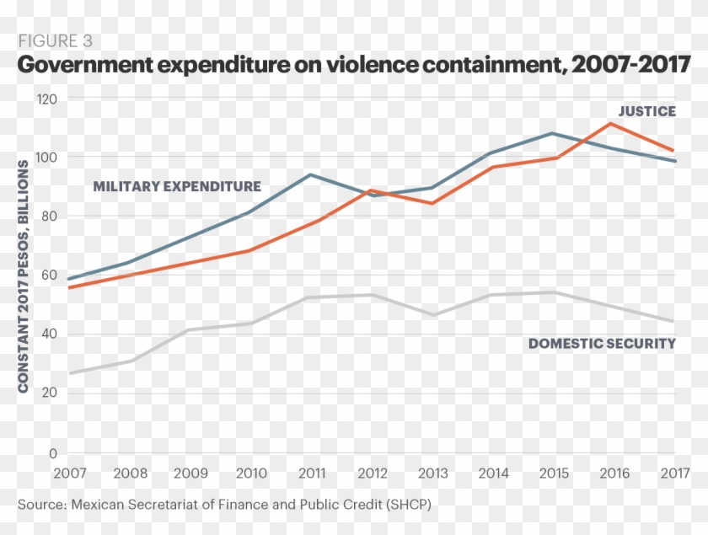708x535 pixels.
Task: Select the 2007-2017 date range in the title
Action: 628,65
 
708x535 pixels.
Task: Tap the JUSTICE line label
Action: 646,111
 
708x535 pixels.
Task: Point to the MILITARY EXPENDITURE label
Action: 177,186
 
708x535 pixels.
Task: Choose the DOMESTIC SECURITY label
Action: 602,343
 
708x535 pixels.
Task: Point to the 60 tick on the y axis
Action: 48,275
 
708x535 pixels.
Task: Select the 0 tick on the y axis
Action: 52,452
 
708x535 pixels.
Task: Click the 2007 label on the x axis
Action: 69,473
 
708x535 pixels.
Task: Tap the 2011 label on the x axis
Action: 312,473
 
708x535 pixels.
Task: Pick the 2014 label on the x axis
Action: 493,473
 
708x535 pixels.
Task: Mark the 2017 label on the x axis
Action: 674,473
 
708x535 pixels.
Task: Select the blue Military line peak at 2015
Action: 553,133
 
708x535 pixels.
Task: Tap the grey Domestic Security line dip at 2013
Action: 432,315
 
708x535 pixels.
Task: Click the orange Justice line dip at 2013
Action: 432,203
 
